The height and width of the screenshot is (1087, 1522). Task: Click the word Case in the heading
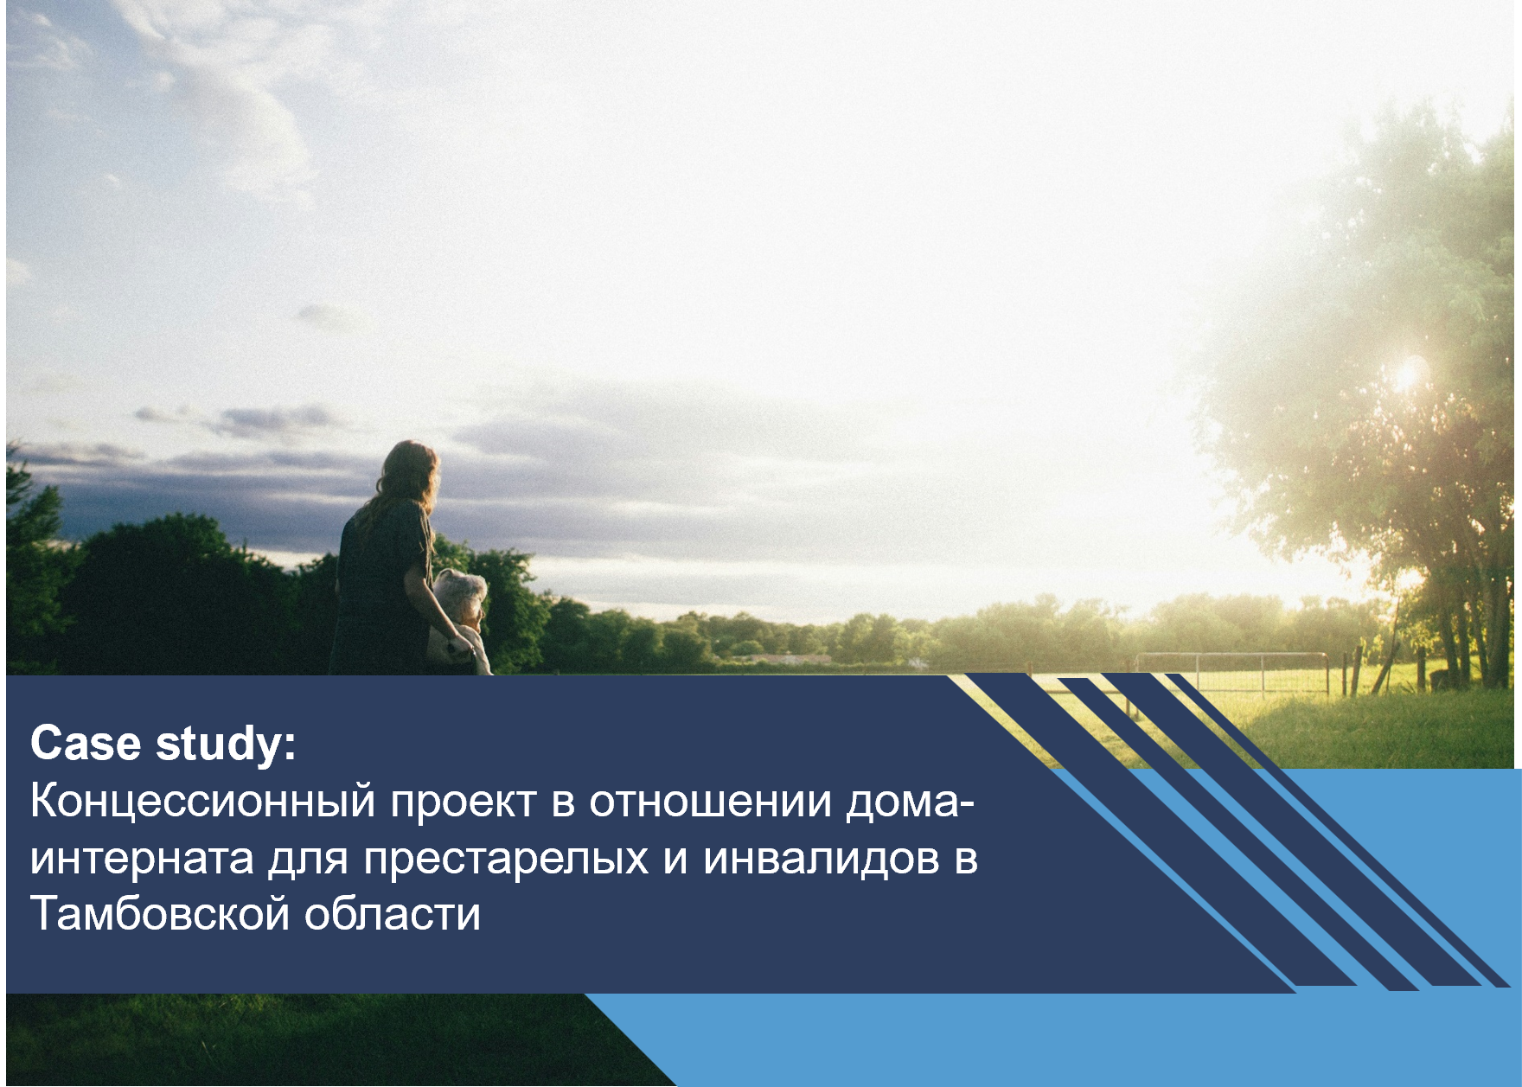[85, 743]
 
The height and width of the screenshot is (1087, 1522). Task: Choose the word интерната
[142, 859]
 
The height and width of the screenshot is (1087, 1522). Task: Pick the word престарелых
[506, 859]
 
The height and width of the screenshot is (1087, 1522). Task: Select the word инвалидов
[821, 859]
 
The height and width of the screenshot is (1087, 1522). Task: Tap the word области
[392, 914]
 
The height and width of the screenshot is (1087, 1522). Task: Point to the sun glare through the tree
[1409, 374]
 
